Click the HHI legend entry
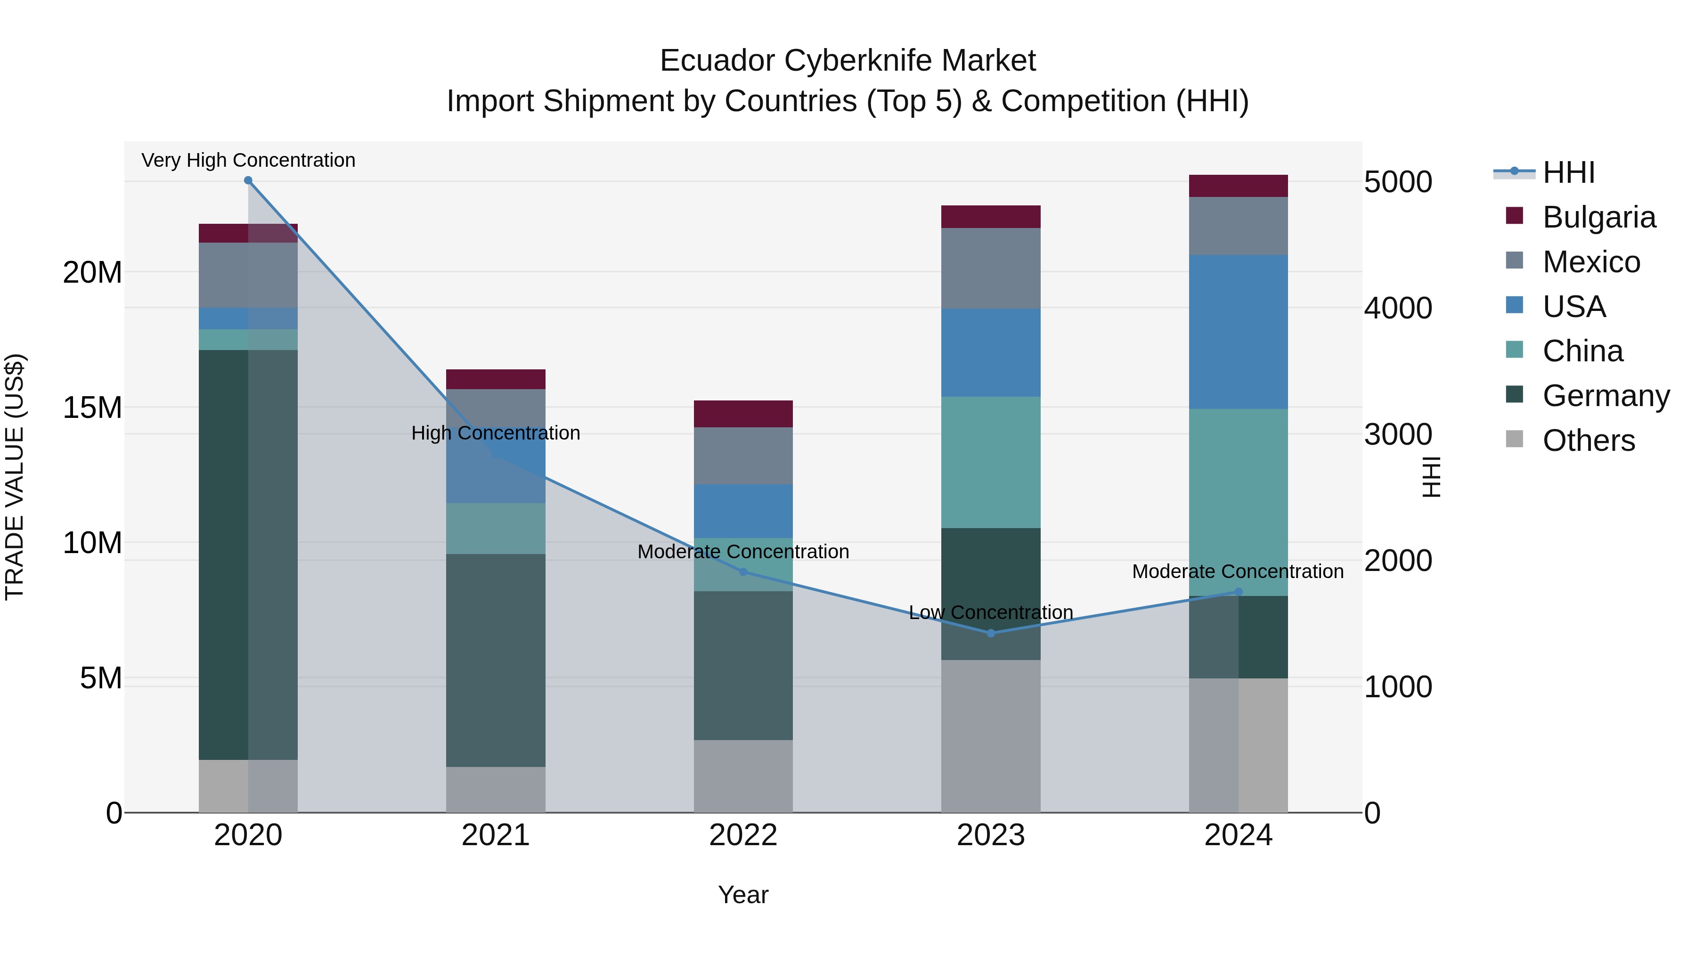(1568, 172)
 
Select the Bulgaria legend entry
(1598, 217)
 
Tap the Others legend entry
(1588, 440)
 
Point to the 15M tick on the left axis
(92, 408)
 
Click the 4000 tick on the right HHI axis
(1398, 308)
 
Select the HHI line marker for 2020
(248, 180)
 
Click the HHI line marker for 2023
(990, 633)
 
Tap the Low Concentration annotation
(990, 612)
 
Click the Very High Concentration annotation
(248, 160)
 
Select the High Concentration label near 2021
(495, 432)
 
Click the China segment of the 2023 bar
(990, 462)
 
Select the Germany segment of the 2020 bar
(224, 554)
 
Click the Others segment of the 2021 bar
(495, 790)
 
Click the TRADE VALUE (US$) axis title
(15, 477)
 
